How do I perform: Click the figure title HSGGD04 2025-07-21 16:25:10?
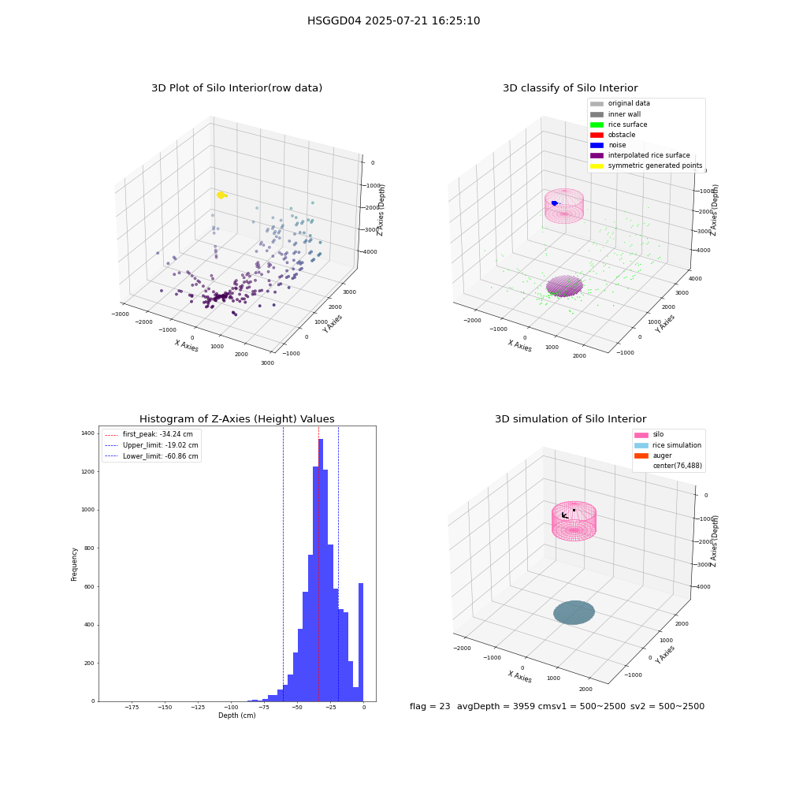[393, 20]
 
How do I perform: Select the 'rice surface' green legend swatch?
[597, 125]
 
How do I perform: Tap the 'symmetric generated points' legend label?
[655, 165]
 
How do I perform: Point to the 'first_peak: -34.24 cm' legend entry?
[149, 434]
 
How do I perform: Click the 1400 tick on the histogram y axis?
[88, 433]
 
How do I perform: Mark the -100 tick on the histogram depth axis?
[231, 707]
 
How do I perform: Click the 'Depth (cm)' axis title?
[236, 716]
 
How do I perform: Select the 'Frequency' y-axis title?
[74, 564]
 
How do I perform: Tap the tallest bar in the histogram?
[321, 570]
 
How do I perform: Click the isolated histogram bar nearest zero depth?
[360, 642]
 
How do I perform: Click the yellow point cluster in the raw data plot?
[221, 195]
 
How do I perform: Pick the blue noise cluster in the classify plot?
[554, 203]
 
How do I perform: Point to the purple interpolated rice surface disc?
[564, 286]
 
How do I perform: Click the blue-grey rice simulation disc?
[574, 612]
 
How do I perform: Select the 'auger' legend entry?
[652, 455]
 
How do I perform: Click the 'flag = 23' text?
[429, 706]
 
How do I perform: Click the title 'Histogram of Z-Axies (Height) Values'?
[236, 418]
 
